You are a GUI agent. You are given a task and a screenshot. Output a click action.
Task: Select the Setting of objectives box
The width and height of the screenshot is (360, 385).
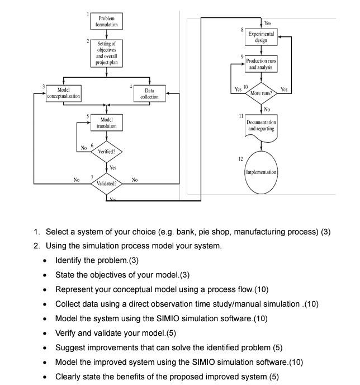[x=106, y=53]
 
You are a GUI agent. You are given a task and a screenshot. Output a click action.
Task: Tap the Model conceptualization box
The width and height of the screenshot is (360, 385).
[x=61, y=93]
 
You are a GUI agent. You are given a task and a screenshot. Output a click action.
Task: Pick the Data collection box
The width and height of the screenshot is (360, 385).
[x=149, y=93]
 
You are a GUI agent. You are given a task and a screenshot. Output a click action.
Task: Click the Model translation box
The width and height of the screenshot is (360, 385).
[x=106, y=123]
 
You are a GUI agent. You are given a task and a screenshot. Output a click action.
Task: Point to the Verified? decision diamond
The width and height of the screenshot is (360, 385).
[x=106, y=151]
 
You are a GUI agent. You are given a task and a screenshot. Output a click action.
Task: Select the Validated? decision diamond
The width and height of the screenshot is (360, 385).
[x=106, y=184]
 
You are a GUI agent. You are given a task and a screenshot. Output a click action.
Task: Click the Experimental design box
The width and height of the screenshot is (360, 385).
[x=261, y=37]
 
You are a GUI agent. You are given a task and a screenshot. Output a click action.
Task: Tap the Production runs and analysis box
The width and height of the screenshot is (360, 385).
[x=261, y=64]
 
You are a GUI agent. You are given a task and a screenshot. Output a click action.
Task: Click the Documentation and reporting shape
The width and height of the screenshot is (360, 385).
[x=261, y=125]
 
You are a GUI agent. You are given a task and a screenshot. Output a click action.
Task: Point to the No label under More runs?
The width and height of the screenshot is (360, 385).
[x=267, y=110]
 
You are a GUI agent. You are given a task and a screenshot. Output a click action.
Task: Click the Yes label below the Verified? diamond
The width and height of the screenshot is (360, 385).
[x=112, y=167]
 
